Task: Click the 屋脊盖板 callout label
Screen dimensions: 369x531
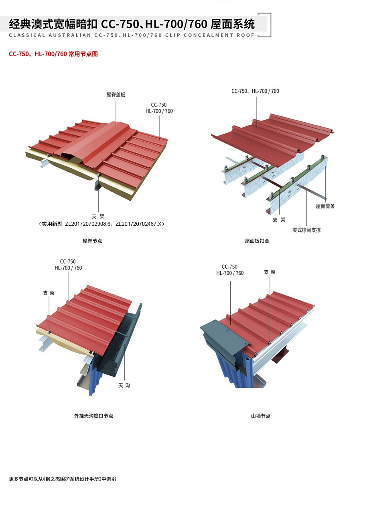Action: (x=116, y=95)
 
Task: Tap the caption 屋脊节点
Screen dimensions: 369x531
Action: (x=92, y=241)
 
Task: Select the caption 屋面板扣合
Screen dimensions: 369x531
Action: (x=257, y=241)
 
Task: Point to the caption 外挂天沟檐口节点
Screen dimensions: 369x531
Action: (x=94, y=416)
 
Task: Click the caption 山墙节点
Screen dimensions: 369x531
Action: (x=261, y=416)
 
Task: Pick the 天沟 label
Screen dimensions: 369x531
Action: (x=124, y=386)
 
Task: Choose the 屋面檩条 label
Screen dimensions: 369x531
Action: (x=325, y=206)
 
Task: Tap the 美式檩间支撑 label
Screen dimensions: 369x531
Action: (x=306, y=230)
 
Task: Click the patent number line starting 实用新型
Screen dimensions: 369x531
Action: (x=101, y=224)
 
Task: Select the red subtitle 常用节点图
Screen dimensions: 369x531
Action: (x=83, y=54)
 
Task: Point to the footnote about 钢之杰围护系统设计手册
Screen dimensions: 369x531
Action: (x=63, y=479)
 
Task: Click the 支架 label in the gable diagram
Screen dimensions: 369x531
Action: (x=270, y=272)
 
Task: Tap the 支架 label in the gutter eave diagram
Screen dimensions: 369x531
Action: (x=49, y=293)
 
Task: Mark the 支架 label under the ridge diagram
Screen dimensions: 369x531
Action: (x=98, y=216)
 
